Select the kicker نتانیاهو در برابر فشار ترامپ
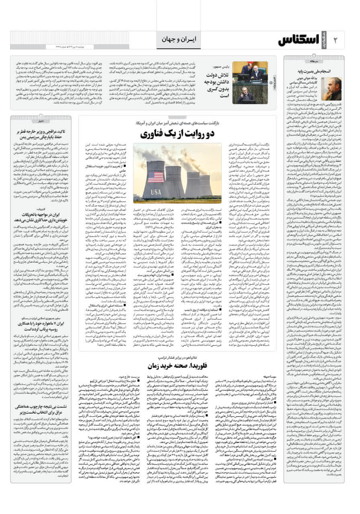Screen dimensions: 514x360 (177, 354)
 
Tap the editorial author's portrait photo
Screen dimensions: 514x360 (331, 89)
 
